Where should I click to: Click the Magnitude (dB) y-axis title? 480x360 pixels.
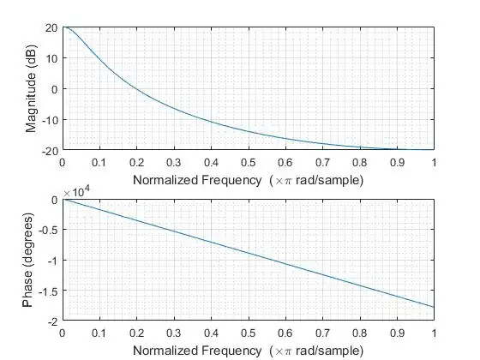pyautogui.click(x=32, y=89)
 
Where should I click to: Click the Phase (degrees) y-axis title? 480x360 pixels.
pyautogui.click(x=32, y=260)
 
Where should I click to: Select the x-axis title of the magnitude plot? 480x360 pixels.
pyautogui.click(x=249, y=179)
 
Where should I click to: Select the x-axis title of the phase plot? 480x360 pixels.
pyautogui.click(x=249, y=350)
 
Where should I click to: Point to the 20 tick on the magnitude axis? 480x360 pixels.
pyautogui.click(x=51, y=27)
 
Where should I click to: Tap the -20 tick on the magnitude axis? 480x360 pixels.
pyautogui.click(x=50, y=150)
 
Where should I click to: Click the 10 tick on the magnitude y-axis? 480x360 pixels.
pyautogui.click(x=51, y=58)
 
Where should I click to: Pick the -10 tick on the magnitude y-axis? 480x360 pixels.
pyautogui.click(x=50, y=120)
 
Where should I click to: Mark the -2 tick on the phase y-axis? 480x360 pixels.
pyautogui.click(x=51, y=321)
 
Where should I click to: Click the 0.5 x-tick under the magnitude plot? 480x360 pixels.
pyautogui.click(x=249, y=161)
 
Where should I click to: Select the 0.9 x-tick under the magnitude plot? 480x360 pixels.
pyautogui.click(x=397, y=161)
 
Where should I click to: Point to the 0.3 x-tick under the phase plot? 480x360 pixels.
pyautogui.click(x=174, y=332)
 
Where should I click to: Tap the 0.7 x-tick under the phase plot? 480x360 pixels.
pyautogui.click(x=323, y=332)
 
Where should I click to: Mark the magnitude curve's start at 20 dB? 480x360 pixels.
pyautogui.click(x=63, y=27)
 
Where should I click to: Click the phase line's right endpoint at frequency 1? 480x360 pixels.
pyautogui.click(x=434, y=307)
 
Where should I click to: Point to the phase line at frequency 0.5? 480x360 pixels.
pyautogui.click(x=249, y=254)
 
